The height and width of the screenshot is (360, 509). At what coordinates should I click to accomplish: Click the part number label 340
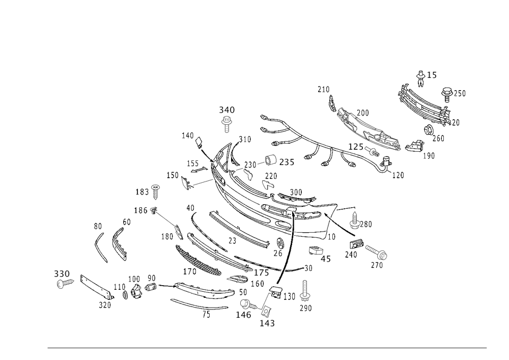[227, 110]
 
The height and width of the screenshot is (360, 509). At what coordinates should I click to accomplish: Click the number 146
[243, 315]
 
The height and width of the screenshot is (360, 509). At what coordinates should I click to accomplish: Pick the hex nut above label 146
[246, 304]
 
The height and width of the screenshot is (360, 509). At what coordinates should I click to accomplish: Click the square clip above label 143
[265, 310]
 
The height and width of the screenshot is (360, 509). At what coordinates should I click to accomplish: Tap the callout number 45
[326, 258]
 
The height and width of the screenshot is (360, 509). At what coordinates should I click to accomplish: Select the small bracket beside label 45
[315, 250]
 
